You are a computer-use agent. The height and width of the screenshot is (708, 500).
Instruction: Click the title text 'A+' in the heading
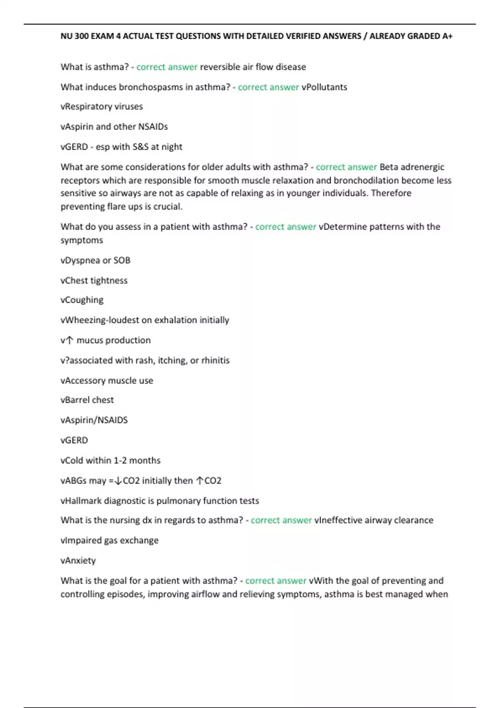[447, 36]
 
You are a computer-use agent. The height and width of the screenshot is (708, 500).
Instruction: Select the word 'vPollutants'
[324, 87]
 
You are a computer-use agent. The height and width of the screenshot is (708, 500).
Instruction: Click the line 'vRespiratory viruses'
[102, 107]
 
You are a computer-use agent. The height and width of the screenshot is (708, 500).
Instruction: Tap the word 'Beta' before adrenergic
[389, 167]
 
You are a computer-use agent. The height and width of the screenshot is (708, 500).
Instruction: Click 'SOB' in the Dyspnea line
[122, 260]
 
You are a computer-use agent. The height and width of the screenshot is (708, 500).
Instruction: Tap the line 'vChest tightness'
[94, 281]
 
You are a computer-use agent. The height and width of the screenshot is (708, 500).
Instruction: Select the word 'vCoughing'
[82, 300]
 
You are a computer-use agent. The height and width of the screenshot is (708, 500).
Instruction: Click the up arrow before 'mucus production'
[70, 340]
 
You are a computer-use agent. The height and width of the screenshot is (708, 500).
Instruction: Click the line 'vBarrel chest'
[87, 400]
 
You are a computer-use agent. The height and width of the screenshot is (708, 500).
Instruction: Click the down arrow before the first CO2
[118, 481]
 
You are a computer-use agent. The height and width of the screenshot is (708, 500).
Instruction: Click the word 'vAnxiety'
[78, 561]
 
